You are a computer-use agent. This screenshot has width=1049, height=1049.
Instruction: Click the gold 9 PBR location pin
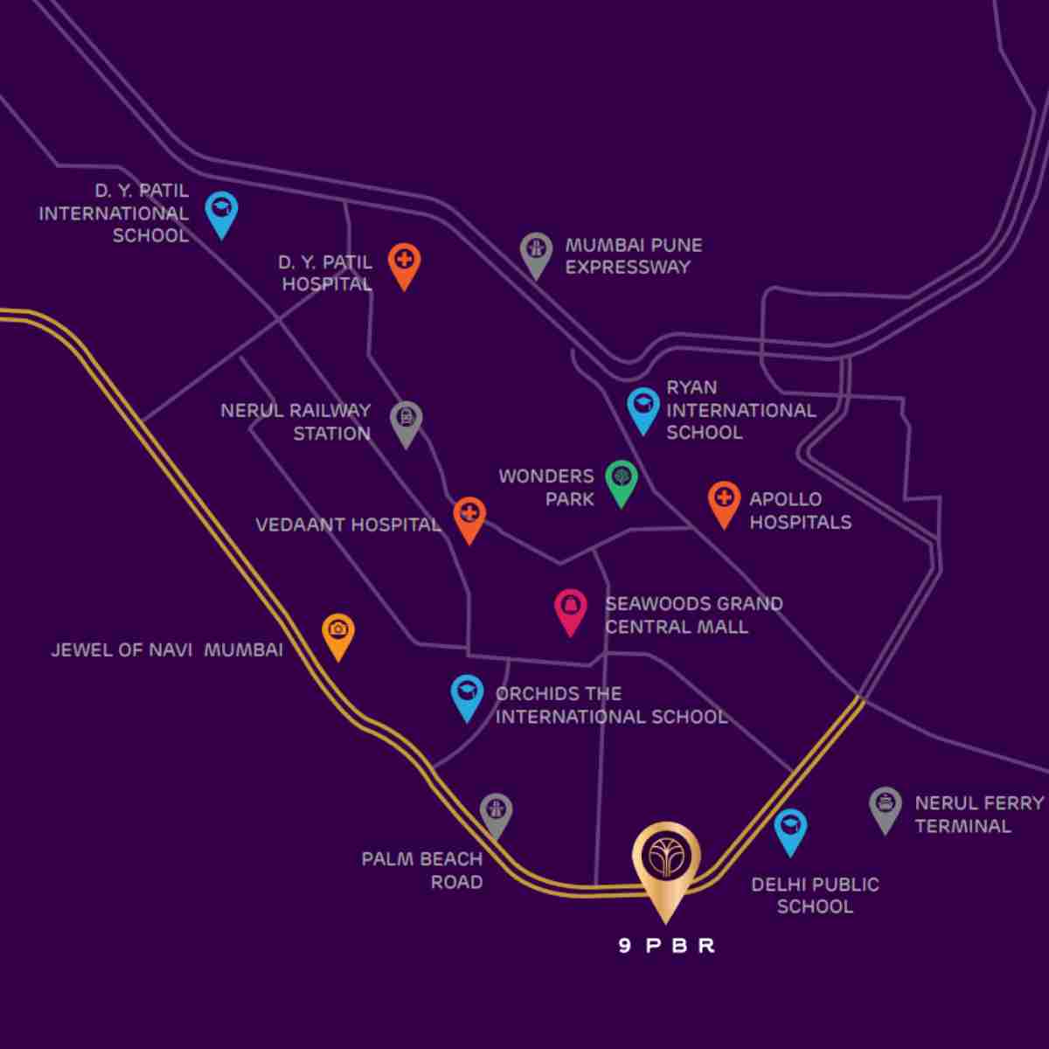pos(666,861)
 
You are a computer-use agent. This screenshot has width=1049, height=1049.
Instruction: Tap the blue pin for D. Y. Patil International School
pos(222,211)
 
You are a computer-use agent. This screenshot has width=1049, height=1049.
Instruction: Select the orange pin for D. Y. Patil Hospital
pos(404,262)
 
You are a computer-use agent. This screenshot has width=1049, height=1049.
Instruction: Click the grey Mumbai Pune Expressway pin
pos(536,251)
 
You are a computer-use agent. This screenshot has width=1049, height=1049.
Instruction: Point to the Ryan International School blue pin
pos(643,406)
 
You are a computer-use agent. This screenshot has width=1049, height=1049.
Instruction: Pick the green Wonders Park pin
pos(622,479)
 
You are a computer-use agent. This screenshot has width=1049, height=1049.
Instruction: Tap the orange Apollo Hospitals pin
pos(723,501)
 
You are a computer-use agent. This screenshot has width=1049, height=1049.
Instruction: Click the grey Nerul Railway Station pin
pos(406,420)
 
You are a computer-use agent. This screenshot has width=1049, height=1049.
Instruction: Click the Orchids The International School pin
pos(468,694)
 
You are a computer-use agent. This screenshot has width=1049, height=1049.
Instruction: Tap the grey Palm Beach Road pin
pos(496,813)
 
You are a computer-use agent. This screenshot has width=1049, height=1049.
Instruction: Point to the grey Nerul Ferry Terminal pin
pos(886,805)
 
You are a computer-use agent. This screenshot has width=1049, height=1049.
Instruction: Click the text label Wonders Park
pos(546,488)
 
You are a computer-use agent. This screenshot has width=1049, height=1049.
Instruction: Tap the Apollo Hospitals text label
pos(800,511)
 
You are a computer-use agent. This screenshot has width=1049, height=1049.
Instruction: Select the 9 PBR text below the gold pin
pos(666,946)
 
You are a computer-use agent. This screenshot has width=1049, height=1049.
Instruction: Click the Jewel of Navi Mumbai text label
pos(167,650)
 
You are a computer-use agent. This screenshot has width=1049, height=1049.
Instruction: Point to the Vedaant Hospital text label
pos(348,525)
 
